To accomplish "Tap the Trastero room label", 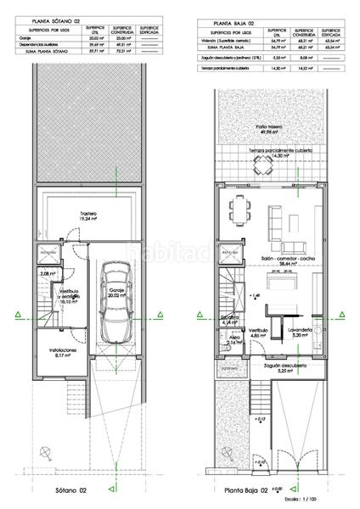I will point(85,215).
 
